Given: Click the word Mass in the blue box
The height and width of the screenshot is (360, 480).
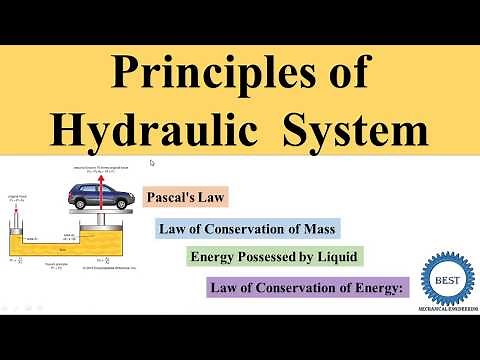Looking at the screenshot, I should pos(315,229).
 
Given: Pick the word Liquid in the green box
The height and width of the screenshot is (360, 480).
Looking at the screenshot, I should pos(335,257).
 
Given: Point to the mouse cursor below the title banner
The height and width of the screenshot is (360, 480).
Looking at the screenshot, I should pos(152,162).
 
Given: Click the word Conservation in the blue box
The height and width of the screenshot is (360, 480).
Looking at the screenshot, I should pos(243,229).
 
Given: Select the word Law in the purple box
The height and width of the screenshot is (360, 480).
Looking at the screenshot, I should pos(224,288).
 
